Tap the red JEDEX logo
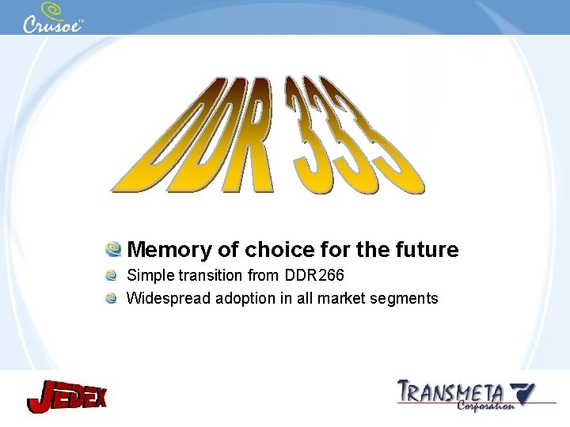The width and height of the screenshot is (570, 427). click(x=66, y=395)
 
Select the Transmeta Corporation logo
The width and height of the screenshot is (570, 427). click(x=466, y=395)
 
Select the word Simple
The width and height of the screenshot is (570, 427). click(x=150, y=276)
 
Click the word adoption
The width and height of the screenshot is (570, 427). click(x=242, y=299)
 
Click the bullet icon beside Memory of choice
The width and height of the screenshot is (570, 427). click(x=114, y=250)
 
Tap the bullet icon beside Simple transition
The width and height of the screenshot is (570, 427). click(x=113, y=276)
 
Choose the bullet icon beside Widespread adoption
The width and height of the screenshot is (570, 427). click(x=113, y=298)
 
